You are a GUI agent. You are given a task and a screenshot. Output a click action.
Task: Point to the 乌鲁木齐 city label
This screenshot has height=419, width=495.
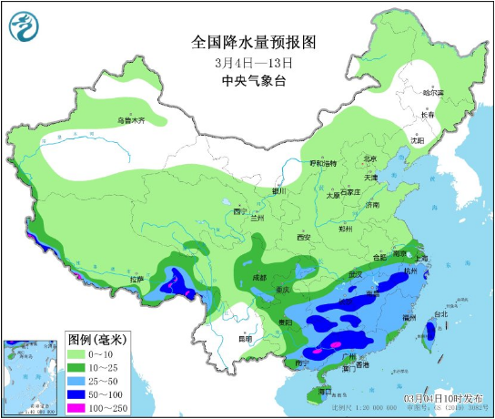(x=130, y=120)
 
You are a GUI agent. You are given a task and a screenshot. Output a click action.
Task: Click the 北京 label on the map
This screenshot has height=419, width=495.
(x=369, y=158)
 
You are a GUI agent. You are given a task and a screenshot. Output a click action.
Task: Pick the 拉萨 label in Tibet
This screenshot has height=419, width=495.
(x=136, y=279)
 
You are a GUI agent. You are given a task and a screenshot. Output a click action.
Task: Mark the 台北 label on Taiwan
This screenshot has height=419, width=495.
(x=440, y=315)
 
